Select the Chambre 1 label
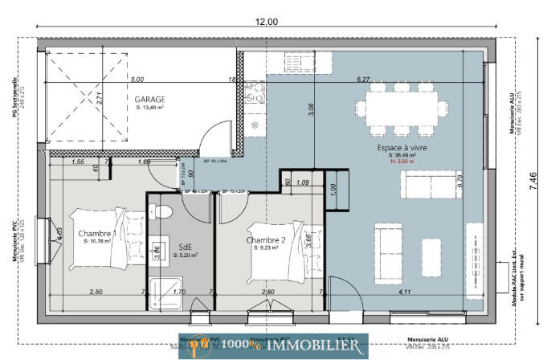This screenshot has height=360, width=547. (x=97, y=234)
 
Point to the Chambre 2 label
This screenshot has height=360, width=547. (x=266, y=239)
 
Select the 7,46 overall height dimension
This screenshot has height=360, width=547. (x=533, y=182)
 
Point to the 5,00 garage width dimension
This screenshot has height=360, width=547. (x=137, y=80)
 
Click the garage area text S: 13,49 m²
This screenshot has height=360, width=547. (x=149, y=107)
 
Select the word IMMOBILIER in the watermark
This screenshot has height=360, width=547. (x=313, y=345)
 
